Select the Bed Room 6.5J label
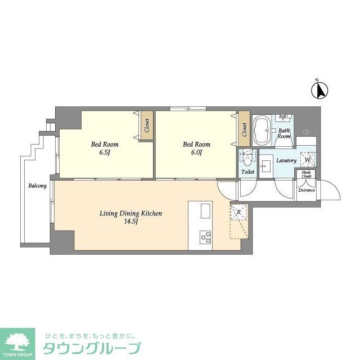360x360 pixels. [104, 147]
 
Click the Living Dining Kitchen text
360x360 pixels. [130, 213]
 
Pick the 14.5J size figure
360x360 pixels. [130, 221]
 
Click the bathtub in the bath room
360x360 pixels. [262, 130]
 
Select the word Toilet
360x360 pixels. [247, 172]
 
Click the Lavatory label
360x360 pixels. [286, 160]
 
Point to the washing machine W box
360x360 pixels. [307, 160]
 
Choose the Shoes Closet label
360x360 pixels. [306, 174]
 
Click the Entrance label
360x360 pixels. [307, 190]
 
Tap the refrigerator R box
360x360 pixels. [238, 212]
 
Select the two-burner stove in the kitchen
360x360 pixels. [205, 238]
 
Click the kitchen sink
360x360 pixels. [205, 211]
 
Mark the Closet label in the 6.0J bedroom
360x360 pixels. [244, 129]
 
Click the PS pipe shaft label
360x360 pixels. [306, 133]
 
